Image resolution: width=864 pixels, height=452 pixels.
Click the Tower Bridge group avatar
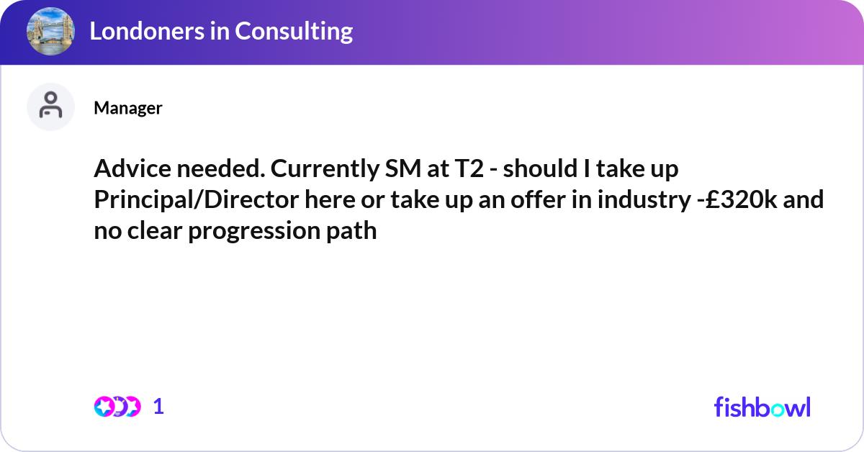pos(50,32)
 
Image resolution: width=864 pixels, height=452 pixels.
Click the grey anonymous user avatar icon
pos(50,107)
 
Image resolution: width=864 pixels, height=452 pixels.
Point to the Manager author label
pos(127,108)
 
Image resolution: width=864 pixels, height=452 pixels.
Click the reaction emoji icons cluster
pos(117,407)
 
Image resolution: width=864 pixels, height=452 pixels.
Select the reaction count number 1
pos(159,407)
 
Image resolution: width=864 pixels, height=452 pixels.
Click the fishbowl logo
pos(762,407)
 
